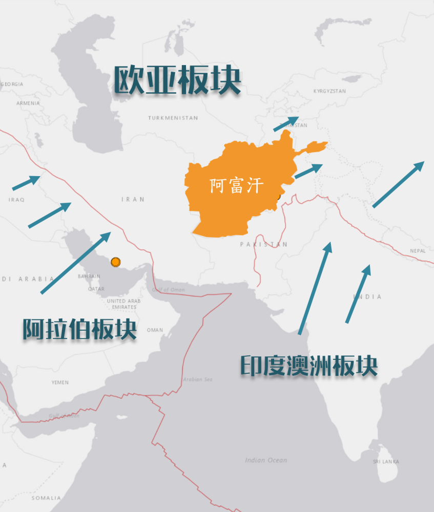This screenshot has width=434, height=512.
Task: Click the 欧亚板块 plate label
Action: click(177, 80)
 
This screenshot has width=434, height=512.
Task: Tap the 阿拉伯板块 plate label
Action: click(79, 329)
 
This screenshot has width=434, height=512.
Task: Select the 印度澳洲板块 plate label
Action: click(309, 366)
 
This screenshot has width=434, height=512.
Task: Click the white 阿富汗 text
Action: click(236, 185)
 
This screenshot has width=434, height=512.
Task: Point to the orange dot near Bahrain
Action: click(116, 262)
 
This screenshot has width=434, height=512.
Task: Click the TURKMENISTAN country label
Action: click(173, 118)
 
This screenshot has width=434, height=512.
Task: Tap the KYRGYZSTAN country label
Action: click(329, 91)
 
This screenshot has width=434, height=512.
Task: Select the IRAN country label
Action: click(133, 199)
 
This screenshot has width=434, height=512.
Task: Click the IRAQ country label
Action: click(16, 200)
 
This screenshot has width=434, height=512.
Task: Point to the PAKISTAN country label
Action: click(264, 245)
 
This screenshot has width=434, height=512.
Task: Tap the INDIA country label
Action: click(367, 297)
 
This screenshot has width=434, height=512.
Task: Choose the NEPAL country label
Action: click(418, 251)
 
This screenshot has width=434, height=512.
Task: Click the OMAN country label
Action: click(155, 330)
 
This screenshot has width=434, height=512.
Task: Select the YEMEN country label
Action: click(60, 382)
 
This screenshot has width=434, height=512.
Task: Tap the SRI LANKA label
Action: click(386, 462)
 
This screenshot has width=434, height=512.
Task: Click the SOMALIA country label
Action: click(46, 498)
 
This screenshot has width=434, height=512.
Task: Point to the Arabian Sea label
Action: click(197, 379)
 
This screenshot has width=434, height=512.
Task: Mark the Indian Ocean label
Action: click(266, 460)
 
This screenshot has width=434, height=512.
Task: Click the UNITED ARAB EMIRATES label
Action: click(123, 304)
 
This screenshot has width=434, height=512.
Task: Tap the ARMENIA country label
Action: click(28, 103)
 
